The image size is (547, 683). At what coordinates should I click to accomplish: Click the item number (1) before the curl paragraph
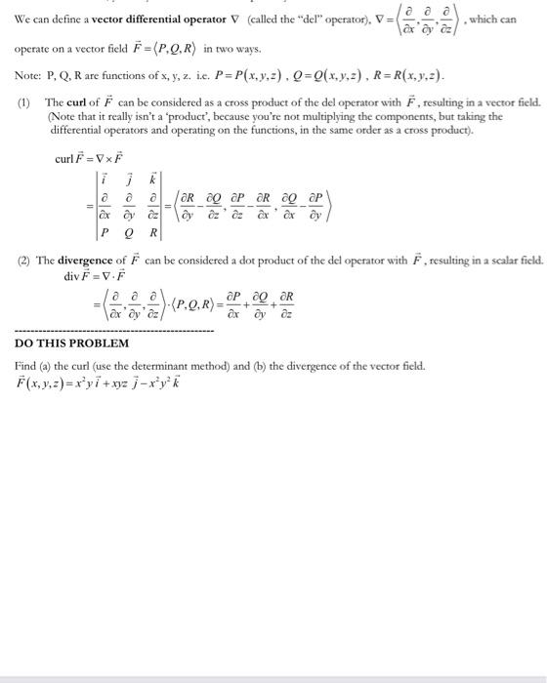[x=23, y=101]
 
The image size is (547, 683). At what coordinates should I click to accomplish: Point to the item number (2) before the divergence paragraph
[x=23, y=261]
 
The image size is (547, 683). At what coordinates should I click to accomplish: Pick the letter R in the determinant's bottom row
[x=153, y=233]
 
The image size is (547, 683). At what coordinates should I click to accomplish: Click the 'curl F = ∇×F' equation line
[x=90, y=158]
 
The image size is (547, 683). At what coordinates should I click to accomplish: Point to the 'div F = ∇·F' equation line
[x=95, y=276]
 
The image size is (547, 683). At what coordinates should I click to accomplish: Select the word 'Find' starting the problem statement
[x=25, y=364]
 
